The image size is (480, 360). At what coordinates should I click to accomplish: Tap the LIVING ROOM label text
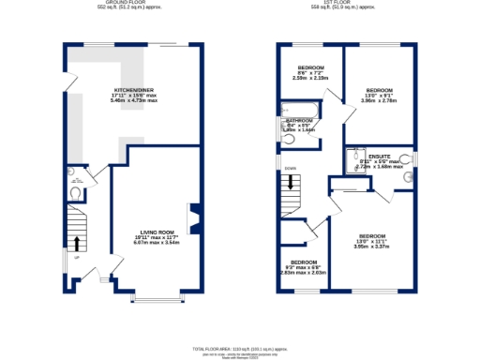tap(157, 232)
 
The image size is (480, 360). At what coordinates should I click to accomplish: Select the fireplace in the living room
tap(194, 217)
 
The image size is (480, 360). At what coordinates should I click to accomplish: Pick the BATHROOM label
tap(301, 120)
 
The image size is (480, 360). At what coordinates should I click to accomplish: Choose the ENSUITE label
tap(379, 156)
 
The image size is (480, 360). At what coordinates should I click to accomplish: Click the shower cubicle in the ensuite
tap(355, 160)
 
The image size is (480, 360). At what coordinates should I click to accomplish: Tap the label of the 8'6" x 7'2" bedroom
tap(310, 67)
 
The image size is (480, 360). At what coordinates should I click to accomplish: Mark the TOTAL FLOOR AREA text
tap(240, 347)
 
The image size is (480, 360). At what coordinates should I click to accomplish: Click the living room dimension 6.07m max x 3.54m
tap(157, 243)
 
